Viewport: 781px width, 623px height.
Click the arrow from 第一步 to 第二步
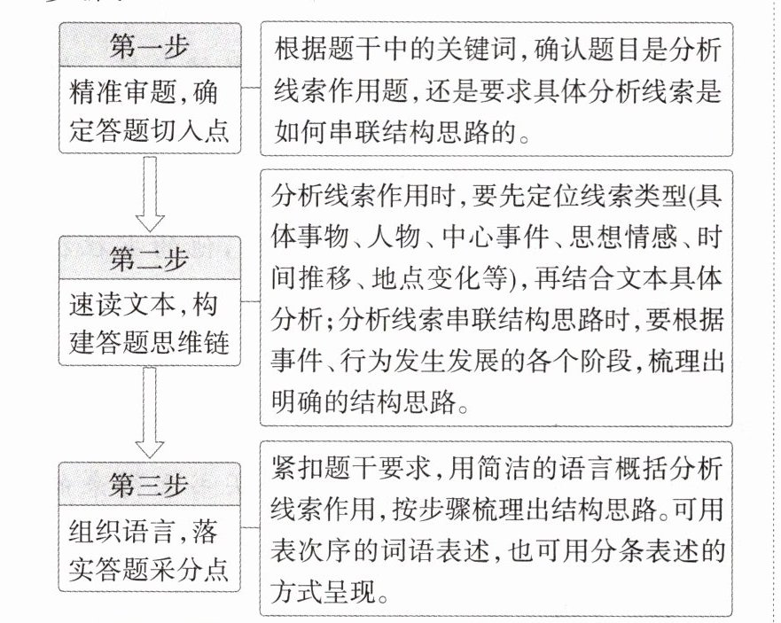(149, 195)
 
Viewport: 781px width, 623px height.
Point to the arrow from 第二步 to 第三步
(149, 412)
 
